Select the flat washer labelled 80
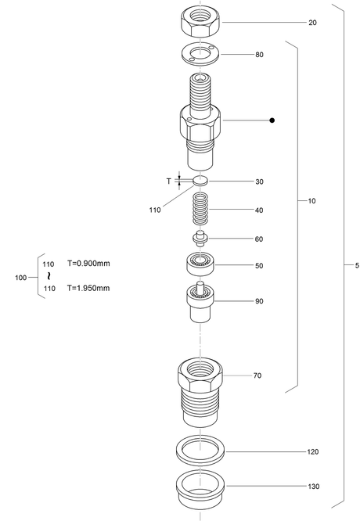(x=200, y=54)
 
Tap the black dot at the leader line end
(x=272, y=120)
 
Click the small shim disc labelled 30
(x=200, y=181)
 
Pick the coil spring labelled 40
(x=200, y=209)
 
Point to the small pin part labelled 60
(x=200, y=239)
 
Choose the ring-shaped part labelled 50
(x=200, y=264)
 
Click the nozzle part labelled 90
(x=200, y=302)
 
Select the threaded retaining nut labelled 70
(x=200, y=392)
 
